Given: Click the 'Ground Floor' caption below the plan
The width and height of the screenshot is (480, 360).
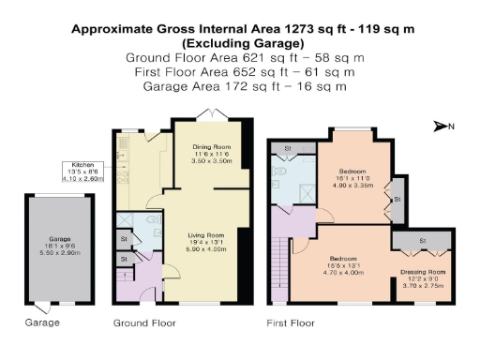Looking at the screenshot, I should pos(144,322).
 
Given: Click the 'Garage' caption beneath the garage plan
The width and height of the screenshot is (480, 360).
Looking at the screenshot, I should pos(41,322).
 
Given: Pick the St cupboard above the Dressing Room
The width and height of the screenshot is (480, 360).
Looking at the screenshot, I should pos(422,241).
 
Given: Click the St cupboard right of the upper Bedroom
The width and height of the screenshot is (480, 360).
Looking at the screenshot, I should pos(397,200).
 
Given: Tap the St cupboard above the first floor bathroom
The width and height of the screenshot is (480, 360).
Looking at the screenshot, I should pos(287,147).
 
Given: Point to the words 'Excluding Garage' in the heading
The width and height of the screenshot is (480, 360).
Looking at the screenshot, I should pos(243,43).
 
